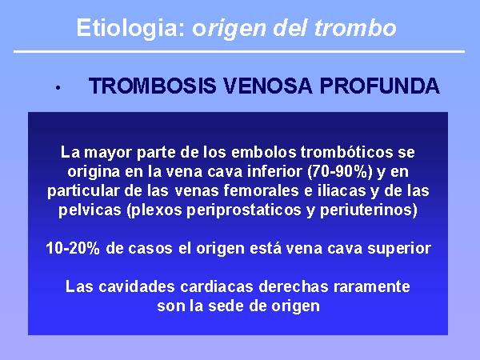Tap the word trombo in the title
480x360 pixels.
(355, 28)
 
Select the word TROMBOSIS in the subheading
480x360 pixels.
(153, 86)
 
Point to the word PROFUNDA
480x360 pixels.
(380, 86)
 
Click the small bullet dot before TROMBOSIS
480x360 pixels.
(58, 88)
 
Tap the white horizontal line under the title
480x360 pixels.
(239, 51)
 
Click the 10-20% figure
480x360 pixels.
(73, 248)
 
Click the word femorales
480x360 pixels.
(261, 190)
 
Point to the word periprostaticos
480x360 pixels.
(244, 210)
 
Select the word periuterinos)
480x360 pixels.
(369, 210)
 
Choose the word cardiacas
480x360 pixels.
(217, 287)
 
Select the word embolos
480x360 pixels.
(263, 152)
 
